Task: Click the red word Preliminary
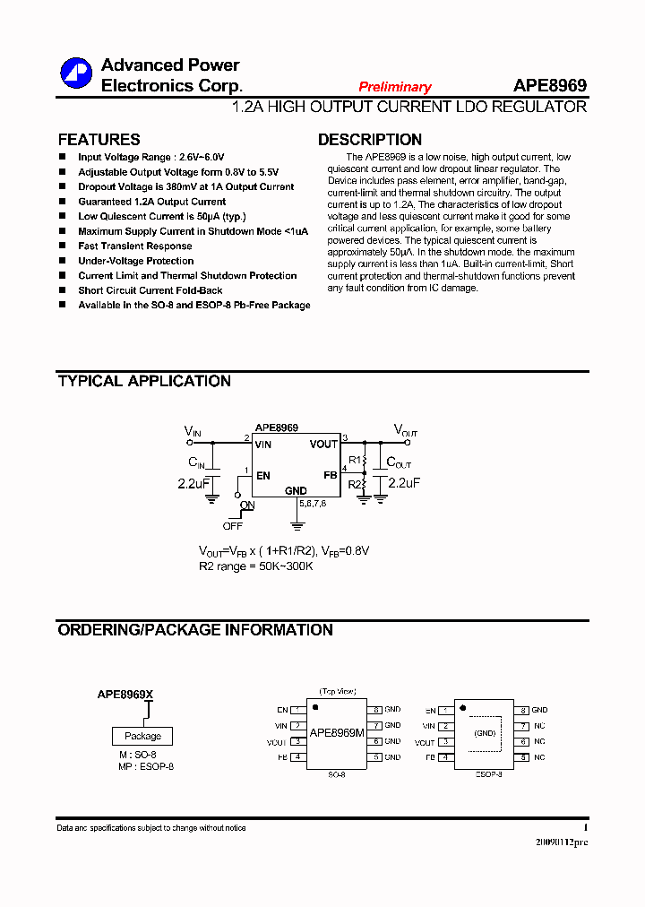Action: pos(395,87)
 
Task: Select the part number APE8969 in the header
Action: pos(550,85)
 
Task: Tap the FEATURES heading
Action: pos(99,140)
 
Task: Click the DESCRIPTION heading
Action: pos(370,140)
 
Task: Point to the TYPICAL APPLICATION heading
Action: pos(144,381)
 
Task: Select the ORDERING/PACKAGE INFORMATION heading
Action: pos(195,630)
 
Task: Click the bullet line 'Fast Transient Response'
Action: pos(134,246)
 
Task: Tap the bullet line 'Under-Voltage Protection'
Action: pos(135,261)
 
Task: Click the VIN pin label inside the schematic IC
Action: pos(262,445)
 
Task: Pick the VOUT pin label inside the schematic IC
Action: pos(323,445)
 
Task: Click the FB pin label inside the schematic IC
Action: pos(330,475)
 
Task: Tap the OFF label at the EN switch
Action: pos(233,526)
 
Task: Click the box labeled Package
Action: pos(142,736)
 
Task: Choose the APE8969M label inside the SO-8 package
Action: pos(337,733)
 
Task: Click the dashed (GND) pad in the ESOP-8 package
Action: pos(485,733)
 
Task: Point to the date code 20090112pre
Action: pos(562,842)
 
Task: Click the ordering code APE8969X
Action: pos(125,695)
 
